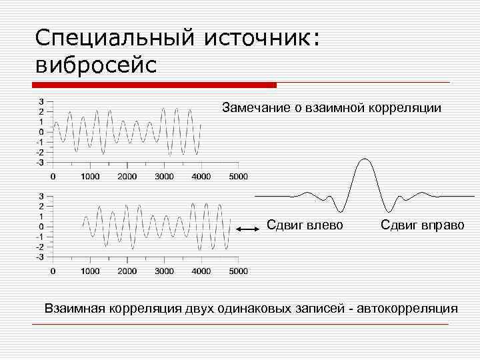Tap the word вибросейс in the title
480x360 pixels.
[x=96, y=65]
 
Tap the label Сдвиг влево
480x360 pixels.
[x=305, y=225]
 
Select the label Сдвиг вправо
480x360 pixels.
[x=422, y=225]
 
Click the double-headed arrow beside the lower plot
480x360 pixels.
[x=247, y=229]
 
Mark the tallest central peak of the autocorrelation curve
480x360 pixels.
[x=364, y=159]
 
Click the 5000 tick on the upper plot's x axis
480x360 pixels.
[x=237, y=177]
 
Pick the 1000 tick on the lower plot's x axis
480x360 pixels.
[x=90, y=271]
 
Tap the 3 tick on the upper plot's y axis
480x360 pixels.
[x=41, y=101]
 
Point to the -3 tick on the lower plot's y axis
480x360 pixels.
[x=40, y=257]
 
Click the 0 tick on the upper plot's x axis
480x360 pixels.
[x=53, y=177]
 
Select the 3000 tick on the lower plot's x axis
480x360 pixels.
[x=164, y=271]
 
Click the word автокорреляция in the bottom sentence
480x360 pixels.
[x=407, y=308]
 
